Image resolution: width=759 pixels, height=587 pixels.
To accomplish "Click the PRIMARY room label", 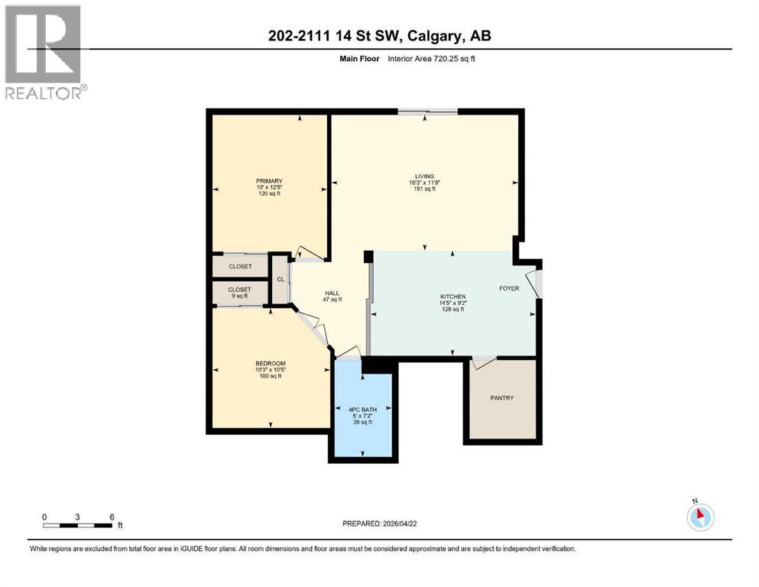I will pos(268,181).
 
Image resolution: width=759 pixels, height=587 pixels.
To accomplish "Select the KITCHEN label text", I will pos(452,297).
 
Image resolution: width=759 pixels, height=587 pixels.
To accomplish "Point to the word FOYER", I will pos(509,288).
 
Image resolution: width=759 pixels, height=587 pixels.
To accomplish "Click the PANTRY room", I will pos(502,398).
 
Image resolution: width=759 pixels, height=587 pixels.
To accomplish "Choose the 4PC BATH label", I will pos(363,410).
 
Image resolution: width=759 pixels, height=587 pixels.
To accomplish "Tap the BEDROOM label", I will pos(270,363).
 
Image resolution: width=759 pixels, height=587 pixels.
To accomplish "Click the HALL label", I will pos(332,292).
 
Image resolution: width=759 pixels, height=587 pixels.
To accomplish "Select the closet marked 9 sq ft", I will pos(239,293).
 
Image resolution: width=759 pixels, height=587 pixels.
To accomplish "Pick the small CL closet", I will pos(281,280).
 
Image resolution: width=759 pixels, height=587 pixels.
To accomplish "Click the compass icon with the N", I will pos(700,517).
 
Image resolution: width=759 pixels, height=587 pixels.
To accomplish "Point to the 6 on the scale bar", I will pos(112,517).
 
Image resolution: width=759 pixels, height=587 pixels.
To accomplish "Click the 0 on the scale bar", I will pos(44,517).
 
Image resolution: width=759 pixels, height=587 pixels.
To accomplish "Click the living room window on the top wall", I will pos(427,112).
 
